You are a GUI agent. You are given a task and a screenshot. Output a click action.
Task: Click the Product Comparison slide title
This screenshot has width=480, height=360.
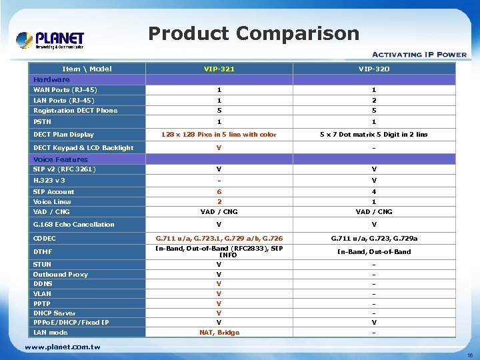click(x=253, y=33)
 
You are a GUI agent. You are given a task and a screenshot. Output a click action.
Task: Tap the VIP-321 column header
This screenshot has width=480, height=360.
click(x=219, y=69)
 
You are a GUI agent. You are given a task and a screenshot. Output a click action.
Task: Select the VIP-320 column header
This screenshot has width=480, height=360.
click(x=374, y=69)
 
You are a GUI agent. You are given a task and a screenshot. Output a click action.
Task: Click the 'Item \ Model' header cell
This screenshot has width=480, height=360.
click(x=87, y=69)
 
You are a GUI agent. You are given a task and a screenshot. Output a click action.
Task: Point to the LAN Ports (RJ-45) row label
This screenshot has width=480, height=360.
click(x=64, y=100)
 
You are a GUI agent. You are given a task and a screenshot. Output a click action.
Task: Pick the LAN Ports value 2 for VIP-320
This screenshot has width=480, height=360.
click(x=374, y=100)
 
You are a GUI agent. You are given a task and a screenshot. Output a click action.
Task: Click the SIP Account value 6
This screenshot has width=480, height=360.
click(x=219, y=191)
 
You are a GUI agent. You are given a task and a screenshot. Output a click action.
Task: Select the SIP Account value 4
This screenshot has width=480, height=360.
click(x=374, y=191)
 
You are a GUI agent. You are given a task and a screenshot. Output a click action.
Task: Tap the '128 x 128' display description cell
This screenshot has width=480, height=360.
click(x=219, y=135)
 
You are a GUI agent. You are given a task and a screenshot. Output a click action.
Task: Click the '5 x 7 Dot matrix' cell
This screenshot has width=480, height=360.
click(x=374, y=135)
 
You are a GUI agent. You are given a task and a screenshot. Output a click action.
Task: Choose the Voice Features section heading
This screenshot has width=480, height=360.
click(x=61, y=159)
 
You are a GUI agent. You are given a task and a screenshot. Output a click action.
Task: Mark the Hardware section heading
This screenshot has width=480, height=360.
click(x=51, y=79)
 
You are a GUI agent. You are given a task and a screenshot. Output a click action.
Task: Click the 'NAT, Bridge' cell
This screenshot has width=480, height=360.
click(x=219, y=332)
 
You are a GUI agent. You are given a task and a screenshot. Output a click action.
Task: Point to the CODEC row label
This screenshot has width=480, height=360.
click(x=45, y=238)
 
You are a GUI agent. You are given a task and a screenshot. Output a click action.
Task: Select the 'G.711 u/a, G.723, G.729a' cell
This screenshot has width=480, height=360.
click(x=374, y=238)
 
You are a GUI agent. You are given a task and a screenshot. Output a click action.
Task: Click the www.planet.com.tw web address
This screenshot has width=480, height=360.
click(x=63, y=347)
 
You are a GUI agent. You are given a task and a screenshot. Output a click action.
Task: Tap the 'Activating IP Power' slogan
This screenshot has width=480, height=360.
click(x=419, y=55)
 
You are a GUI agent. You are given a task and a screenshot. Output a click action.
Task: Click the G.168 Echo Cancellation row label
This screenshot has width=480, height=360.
click(x=73, y=225)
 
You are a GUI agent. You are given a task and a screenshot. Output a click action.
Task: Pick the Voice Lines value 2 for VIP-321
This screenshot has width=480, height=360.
click(x=219, y=201)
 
